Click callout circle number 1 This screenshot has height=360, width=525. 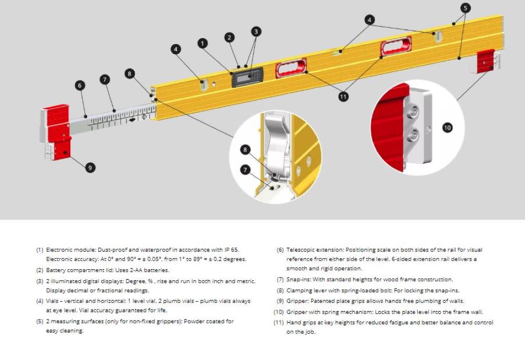(x=203, y=43)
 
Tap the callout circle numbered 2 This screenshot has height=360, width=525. (x=229, y=37)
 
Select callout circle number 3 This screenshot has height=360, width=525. (x=256, y=31)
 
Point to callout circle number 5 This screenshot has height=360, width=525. (x=466, y=8)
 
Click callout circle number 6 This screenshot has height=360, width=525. (x=80, y=86)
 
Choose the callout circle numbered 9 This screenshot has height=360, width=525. (x=91, y=168)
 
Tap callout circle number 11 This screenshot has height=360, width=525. (x=343, y=97)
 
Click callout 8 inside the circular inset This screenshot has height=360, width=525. (x=245, y=150)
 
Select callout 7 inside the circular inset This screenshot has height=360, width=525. (x=245, y=169)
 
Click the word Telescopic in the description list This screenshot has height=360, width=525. (x=301, y=250)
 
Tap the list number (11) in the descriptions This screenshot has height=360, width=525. (x=279, y=322)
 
